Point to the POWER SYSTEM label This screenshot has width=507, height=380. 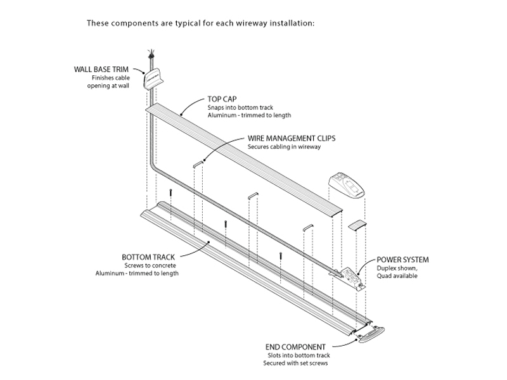pyautogui.click(x=402, y=260)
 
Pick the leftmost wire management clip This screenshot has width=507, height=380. pyautogui.click(x=196, y=163)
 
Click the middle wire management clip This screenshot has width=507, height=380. pyautogui.click(x=252, y=194)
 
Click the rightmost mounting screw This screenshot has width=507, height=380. pyautogui.click(x=279, y=255)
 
